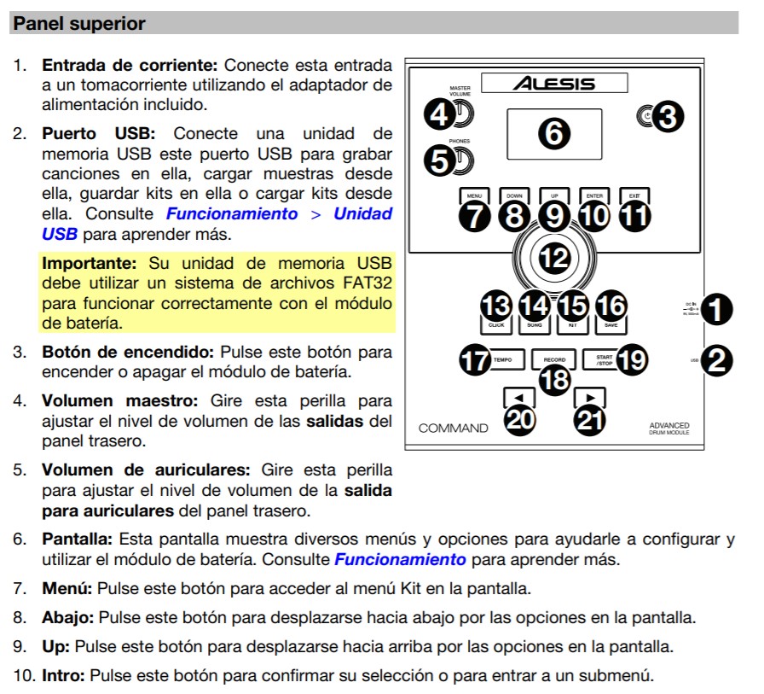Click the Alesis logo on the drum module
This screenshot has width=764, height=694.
coord(554,84)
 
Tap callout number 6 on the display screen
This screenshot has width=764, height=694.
coord(553,134)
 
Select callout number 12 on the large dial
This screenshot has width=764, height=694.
coord(554,258)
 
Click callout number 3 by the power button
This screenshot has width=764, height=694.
coord(668,117)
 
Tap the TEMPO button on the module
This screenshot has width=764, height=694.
coord(501,360)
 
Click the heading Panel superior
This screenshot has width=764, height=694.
coord(79,24)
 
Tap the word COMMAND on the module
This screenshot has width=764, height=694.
coord(453,428)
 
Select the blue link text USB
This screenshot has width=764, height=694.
coord(60,233)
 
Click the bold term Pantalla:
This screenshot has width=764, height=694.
coord(78,539)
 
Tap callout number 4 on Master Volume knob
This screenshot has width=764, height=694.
coord(440,114)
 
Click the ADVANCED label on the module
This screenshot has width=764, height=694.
coord(668,425)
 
